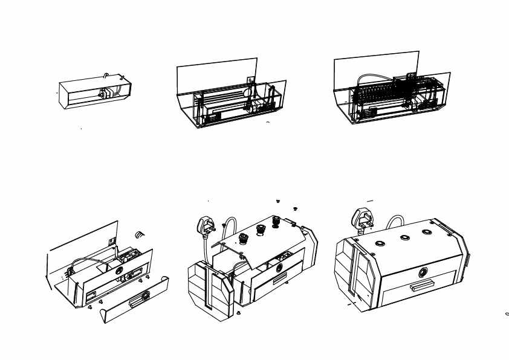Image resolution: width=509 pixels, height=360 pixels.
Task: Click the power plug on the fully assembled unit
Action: [363, 218]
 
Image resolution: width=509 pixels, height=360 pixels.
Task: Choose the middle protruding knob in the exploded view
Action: [261, 229]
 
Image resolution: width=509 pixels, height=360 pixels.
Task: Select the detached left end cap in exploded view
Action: [211, 289]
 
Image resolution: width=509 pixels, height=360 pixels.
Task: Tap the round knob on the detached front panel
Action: [144, 295]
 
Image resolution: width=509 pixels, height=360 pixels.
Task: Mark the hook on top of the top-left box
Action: [106, 75]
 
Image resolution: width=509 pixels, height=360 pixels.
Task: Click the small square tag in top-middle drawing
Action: [251, 80]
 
